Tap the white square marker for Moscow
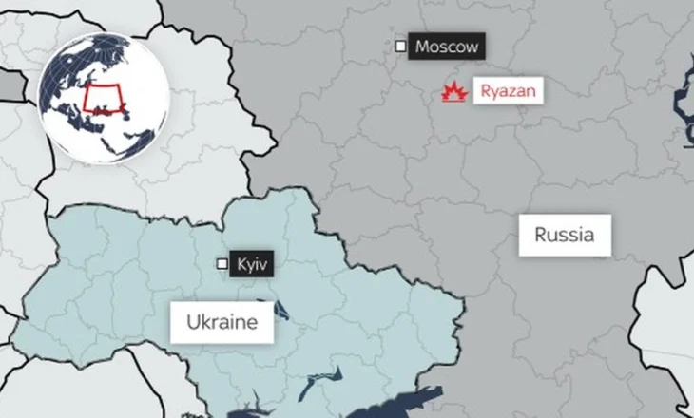coord(400,46)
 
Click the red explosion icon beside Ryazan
coord(454,91)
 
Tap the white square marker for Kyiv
coord(222,263)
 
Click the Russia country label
coord(564,234)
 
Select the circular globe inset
coord(104,96)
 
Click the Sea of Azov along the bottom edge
coord(399,404)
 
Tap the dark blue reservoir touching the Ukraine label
coord(280,311)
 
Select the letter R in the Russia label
coord(540,234)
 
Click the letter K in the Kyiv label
coord(239,263)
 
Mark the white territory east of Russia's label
coord(665,313)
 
